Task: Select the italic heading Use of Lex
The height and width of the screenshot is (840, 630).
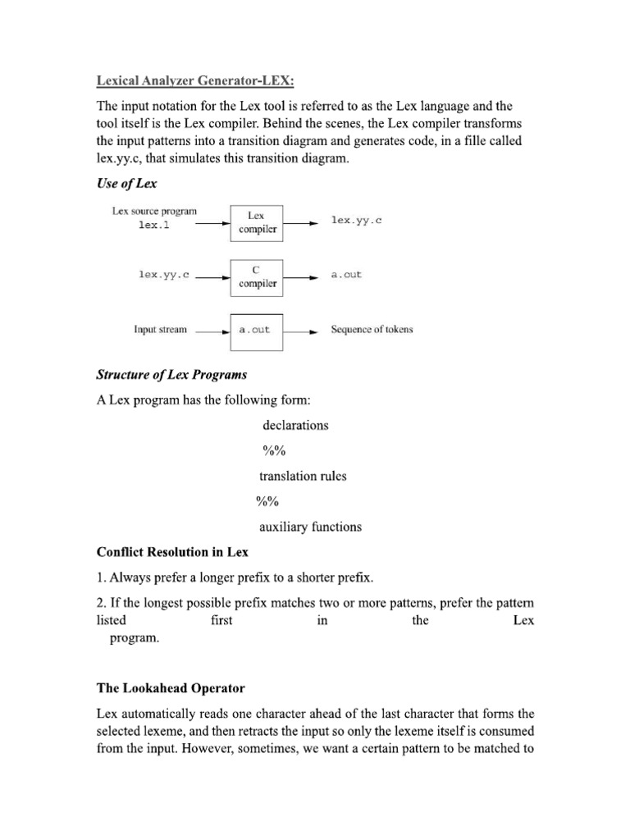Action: click(x=126, y=183)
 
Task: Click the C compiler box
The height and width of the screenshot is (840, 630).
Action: click(x=258, y=276)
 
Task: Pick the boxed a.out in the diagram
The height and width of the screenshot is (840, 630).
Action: click(x=255, y=330)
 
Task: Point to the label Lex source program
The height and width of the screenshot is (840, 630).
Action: click(x=154, y=211)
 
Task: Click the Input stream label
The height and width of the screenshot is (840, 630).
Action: click(x=160, y=330)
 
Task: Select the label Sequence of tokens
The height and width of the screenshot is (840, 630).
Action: click(x=372, y=330)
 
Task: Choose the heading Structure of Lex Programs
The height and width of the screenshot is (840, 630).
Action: click(x=171, y=375)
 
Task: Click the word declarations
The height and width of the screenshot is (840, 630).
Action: click(x=295, y=425)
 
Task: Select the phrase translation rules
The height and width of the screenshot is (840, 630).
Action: click(x=303, y=476)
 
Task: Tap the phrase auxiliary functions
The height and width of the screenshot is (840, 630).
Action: click(x=310, y=527)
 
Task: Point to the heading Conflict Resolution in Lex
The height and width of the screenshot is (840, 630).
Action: click(x=172, y=552)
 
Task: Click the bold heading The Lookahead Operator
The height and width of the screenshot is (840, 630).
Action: click(x=171, y=687)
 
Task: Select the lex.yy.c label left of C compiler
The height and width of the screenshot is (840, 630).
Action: click(x=164, y=276)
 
